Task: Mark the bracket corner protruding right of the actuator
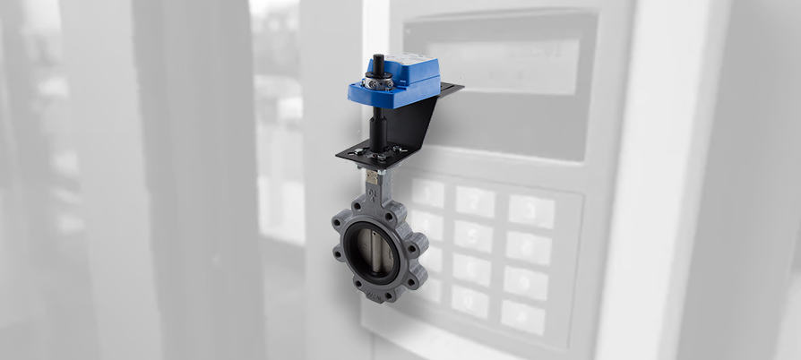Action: tap(452, 89)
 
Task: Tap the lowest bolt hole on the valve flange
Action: tap(373, 295)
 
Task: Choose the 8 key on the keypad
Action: tap(470, 268)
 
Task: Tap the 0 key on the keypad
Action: tap(469, 301)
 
